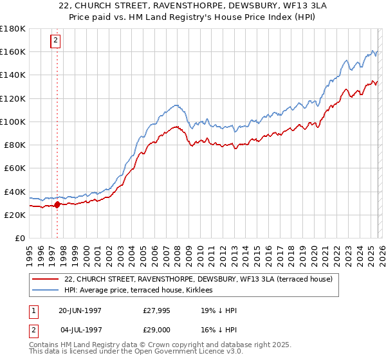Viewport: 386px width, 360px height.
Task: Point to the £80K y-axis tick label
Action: click(15, 145)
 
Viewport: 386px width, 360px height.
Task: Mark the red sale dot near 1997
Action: click(57, 205)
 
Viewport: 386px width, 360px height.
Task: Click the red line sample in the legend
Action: click(44, 279)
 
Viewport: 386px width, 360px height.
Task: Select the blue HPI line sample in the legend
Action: click(44, 291)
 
